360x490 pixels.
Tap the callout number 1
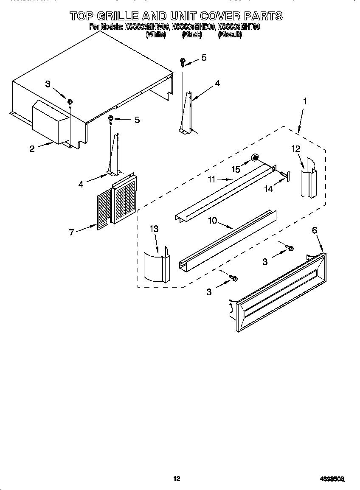[x=304, y=101]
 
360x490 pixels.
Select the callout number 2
[x=32, y=148]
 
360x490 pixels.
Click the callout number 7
[x=71, y=232]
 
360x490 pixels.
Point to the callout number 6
[x=314, y=230]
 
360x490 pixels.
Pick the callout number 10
[x=212, y=220]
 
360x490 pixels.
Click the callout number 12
[x=296, y=148]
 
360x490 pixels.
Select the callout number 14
[x=269, y=189]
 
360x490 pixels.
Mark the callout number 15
[x=236, y=169]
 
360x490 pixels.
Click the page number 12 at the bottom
[x=177, y=479]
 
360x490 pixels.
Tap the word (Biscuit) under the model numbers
[x=230, y=35]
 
